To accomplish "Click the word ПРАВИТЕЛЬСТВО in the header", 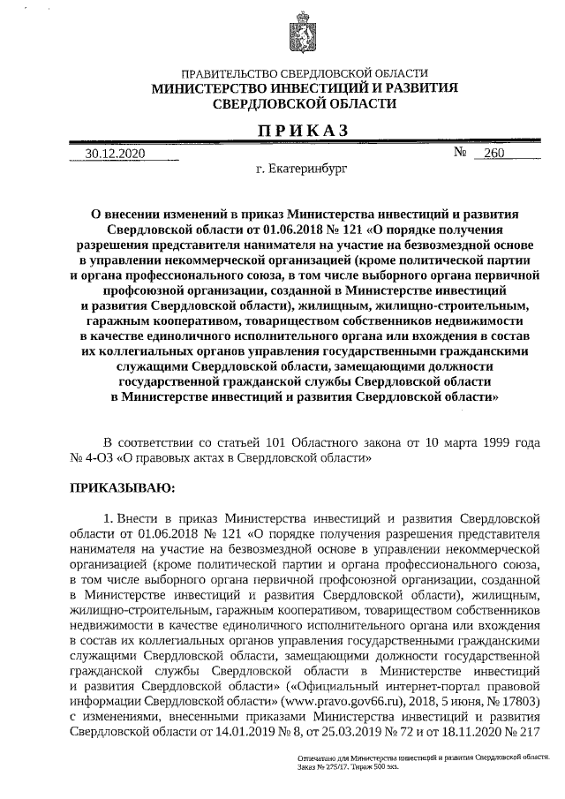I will (227, 74).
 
